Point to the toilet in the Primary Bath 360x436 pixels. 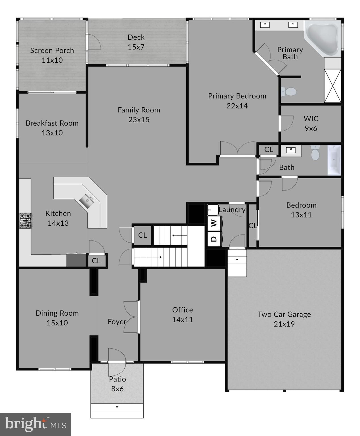point(290,92)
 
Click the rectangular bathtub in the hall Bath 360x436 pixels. point(334,160)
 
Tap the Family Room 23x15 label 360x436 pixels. point(139,115)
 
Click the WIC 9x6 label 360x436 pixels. point(311,123)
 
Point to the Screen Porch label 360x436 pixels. point(52,51)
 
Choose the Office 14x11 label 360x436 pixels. point(183,315)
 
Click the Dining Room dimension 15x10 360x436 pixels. point(57,323)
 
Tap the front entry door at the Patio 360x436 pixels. point(116,362)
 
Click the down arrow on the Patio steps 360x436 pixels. point(117,407)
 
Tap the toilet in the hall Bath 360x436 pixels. point(315,153)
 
